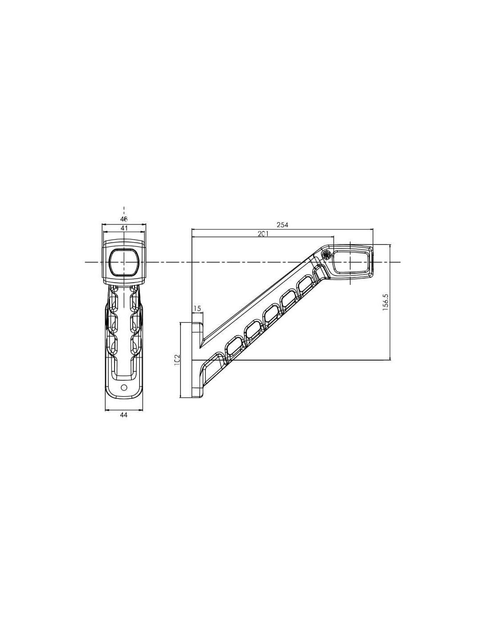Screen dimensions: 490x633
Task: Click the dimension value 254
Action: [x=282, y=225]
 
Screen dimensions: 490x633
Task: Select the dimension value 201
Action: [x=263, y=234]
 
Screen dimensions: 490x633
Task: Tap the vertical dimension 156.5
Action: [x=385, y=302]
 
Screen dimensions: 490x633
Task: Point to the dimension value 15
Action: [x=197, y=308]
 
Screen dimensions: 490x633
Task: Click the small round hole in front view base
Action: [x=124, y=387]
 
